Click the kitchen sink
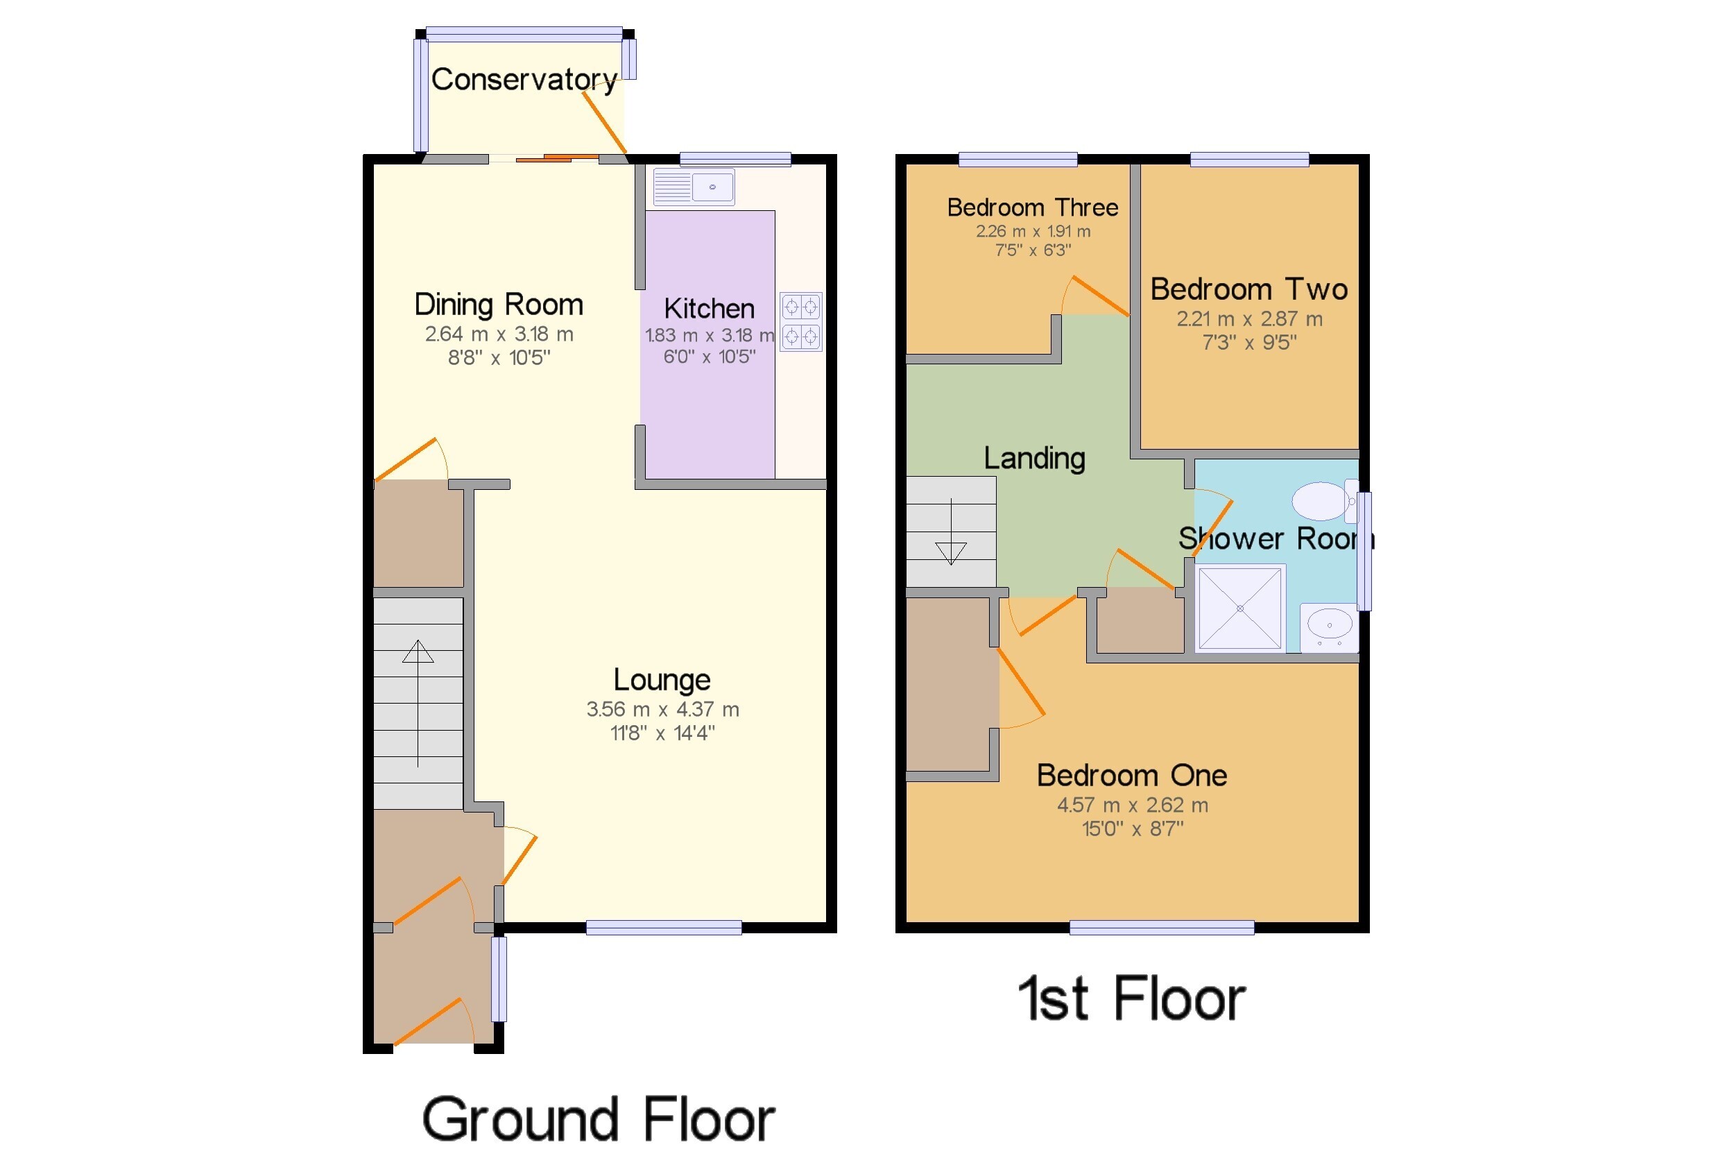pos(694,187)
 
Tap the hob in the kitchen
pos(800,321)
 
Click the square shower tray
pos(1240,609)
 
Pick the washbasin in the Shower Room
pos(1329,627)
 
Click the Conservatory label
pos(524,80)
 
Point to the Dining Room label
pos(499,304)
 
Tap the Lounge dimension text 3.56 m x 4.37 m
pos(662,709)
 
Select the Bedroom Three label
pos(1033,207)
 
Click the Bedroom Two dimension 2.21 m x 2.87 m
pos(1249,318)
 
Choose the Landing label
pos(1034,458)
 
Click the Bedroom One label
pos(1132,775)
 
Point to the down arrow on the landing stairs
pos(951,532)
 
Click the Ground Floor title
pos(599,1119)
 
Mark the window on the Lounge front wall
pos(663,928)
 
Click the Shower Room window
pos(1365,551)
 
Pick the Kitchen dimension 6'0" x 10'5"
pos(709,357)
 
